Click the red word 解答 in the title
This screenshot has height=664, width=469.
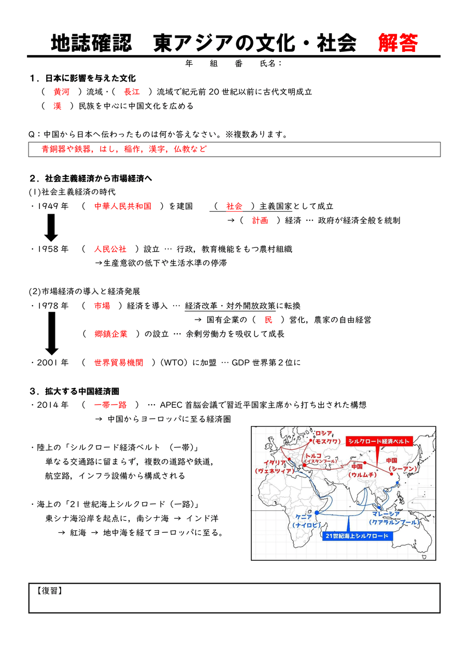pos(397,43)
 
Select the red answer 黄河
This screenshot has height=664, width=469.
pos(61,92)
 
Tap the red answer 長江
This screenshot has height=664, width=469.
pos(132,92)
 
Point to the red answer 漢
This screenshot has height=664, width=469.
pos(57,106)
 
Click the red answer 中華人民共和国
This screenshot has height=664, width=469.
pos(123,206)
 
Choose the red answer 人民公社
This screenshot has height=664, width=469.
pos(110,249)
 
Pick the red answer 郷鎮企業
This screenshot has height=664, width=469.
pos(111,334)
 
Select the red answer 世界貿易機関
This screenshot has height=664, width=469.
pos(119,363)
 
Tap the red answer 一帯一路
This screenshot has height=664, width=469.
pos(110,405)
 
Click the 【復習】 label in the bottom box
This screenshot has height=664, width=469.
pos(50,591)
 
